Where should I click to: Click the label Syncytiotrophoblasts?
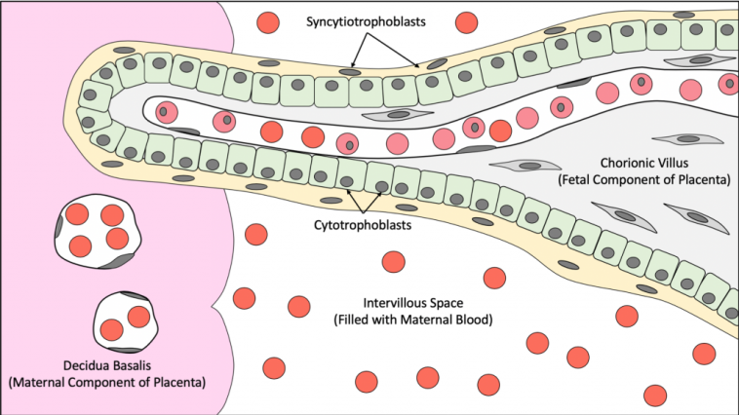click(366, 21)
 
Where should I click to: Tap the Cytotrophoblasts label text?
click(363, 225)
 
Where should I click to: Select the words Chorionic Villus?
click(643, 163)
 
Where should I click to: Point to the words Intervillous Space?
click(412, 303)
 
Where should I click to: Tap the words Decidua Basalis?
click(107, 365)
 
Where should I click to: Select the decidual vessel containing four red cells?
click(98, 231)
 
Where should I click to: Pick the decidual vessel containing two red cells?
click(126, 322)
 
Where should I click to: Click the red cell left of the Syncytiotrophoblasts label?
click(268, 22)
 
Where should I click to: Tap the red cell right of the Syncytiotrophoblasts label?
click(467, 22)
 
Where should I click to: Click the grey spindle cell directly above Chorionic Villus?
click(688, 139)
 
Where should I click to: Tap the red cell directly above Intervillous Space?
click(394, 261)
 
